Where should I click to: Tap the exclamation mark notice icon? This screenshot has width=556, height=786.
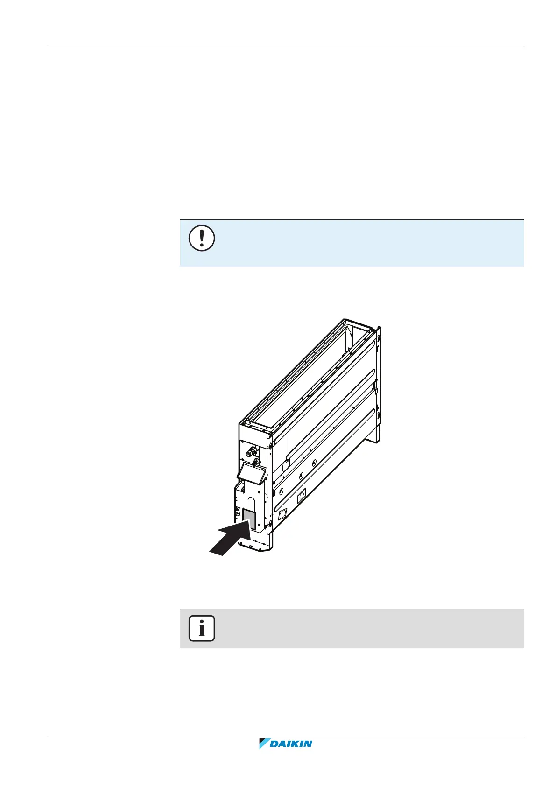(202, 238)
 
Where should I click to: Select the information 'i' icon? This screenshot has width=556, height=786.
(202, 628)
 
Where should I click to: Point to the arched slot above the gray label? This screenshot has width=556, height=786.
(251, 503)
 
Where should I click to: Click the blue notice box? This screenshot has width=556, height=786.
(352, 243)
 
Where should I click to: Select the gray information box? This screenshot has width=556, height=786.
(352, 628)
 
